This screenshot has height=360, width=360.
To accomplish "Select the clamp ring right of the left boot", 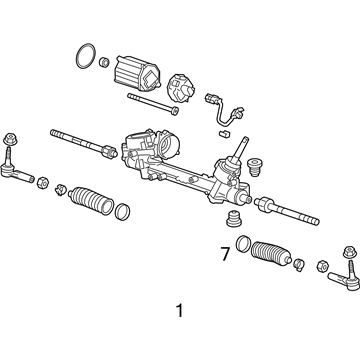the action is point(122,211).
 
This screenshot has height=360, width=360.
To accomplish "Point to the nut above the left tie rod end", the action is point(10,138).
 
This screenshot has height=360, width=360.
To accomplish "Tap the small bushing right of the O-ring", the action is point(104,64).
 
